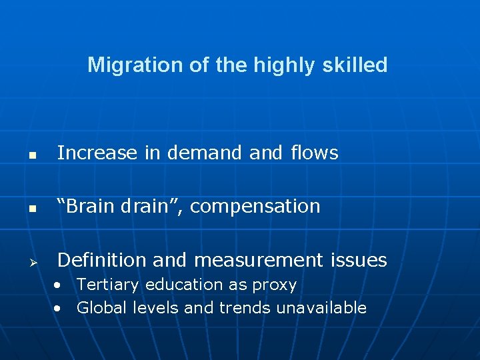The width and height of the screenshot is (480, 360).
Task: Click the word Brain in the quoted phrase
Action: pyautogui.click(x=90, y=207)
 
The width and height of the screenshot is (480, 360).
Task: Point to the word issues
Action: pyautogui.click(x=360, y=260)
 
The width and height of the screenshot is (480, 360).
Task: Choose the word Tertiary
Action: pyautogui.click(x=107, y=285)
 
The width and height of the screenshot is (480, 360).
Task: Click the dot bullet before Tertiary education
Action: pyautogui.click(x=60, y=285)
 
